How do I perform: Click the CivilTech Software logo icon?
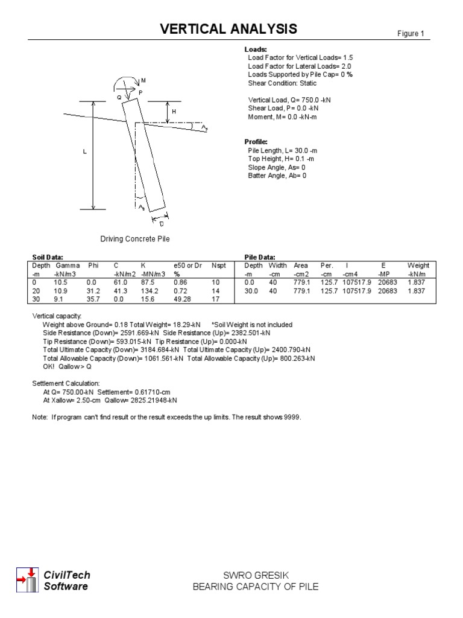click(27, 580)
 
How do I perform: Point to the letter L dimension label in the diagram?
click(85, 153)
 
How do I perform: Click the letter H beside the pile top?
click(174, 112)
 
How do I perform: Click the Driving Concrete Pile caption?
click(135, 239)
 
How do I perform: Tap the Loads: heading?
click(256, 49)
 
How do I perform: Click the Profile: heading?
click(256, 142)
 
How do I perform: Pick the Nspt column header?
click(218, 266)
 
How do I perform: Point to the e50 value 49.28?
click(182, 299)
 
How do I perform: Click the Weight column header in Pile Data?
click(418, 266)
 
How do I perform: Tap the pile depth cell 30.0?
click(251, 291)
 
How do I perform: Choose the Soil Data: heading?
click(47, 257)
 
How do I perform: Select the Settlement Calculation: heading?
click(66, 383)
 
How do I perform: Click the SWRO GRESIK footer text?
click(255, 576)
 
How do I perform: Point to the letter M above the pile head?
click(143, 81)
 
